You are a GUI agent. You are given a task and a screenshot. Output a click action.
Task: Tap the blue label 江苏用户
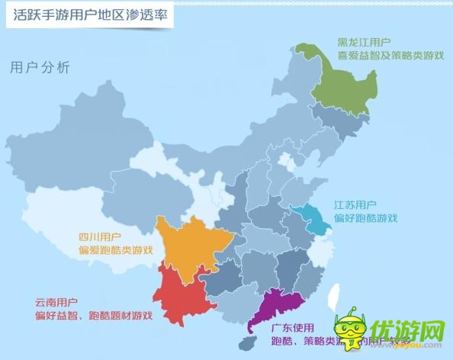[354, 205]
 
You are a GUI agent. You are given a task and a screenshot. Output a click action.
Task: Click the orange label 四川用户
[100, 236]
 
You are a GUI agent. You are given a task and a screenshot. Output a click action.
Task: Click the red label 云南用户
[56, 302]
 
